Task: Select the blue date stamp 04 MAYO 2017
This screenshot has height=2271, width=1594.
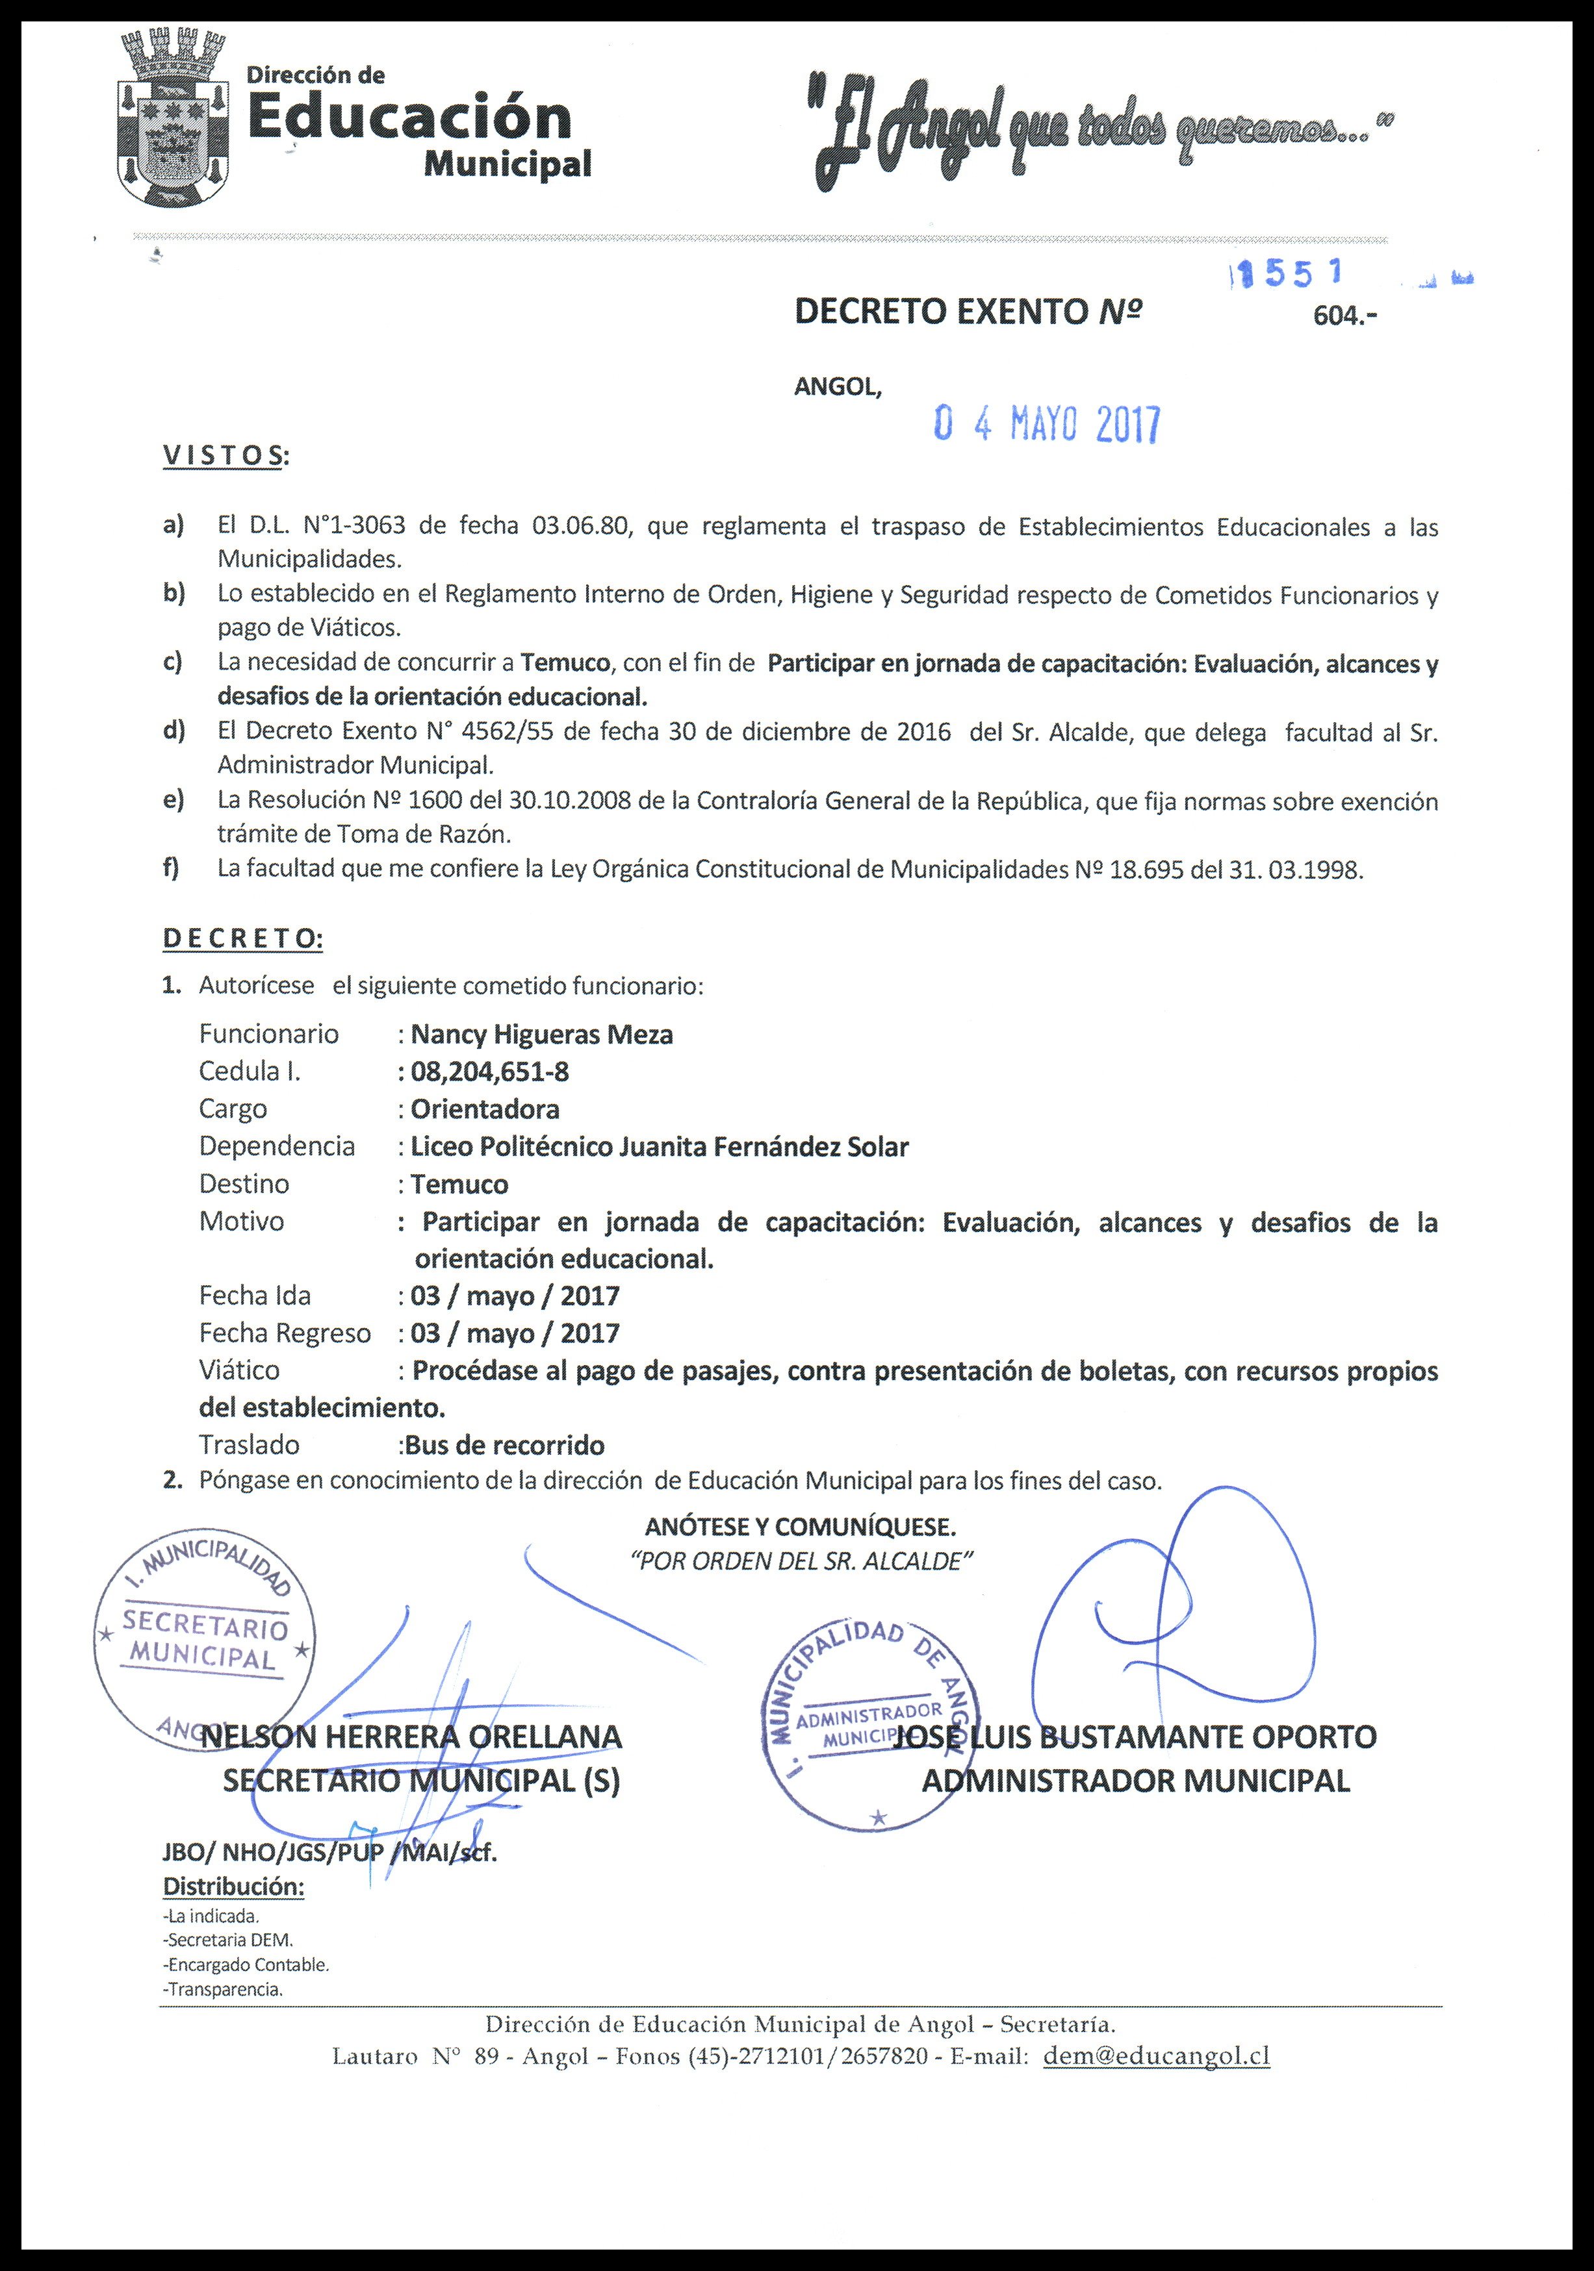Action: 1048,426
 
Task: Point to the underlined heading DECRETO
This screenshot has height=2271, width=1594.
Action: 242,938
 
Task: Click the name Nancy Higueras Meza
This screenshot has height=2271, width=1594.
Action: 541,1035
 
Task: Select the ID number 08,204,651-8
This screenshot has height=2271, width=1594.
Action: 490,1072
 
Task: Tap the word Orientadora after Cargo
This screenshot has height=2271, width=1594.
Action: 485,1109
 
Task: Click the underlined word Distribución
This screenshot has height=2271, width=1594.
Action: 233,1887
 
